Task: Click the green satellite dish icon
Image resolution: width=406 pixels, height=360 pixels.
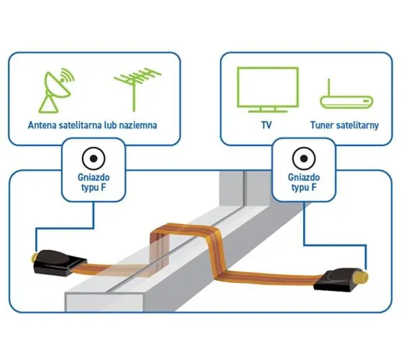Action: [55, 91]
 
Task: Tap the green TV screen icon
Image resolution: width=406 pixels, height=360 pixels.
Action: [268, 89]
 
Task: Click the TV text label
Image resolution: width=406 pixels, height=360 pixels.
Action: [266, 125]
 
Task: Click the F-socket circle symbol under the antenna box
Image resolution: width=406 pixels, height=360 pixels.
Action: [93, 158]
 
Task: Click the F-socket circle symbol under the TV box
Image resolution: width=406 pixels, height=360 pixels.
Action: [304, 158]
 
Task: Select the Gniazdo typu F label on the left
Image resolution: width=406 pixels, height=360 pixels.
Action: [93, 182]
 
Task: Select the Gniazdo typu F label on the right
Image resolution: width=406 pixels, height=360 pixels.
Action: [304, 182]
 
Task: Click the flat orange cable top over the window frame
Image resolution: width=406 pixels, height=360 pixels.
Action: [185, 229]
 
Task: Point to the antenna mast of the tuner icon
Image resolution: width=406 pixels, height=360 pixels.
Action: [329, 87]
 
